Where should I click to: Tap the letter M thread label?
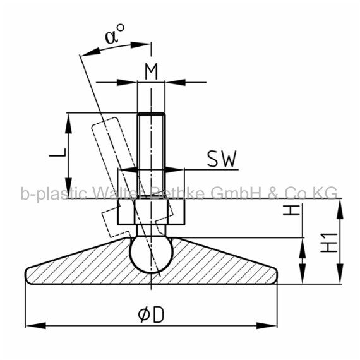click(152, 71)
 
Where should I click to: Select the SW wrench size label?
click(222, 159)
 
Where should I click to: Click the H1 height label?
click(329, 243)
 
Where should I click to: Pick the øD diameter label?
click(152, 315)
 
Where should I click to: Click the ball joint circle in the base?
click(150, 255)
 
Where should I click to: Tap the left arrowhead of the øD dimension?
click(35, 325)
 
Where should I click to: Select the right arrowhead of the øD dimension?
click(267, 325)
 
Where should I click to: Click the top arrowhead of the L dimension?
click(68, 124)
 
